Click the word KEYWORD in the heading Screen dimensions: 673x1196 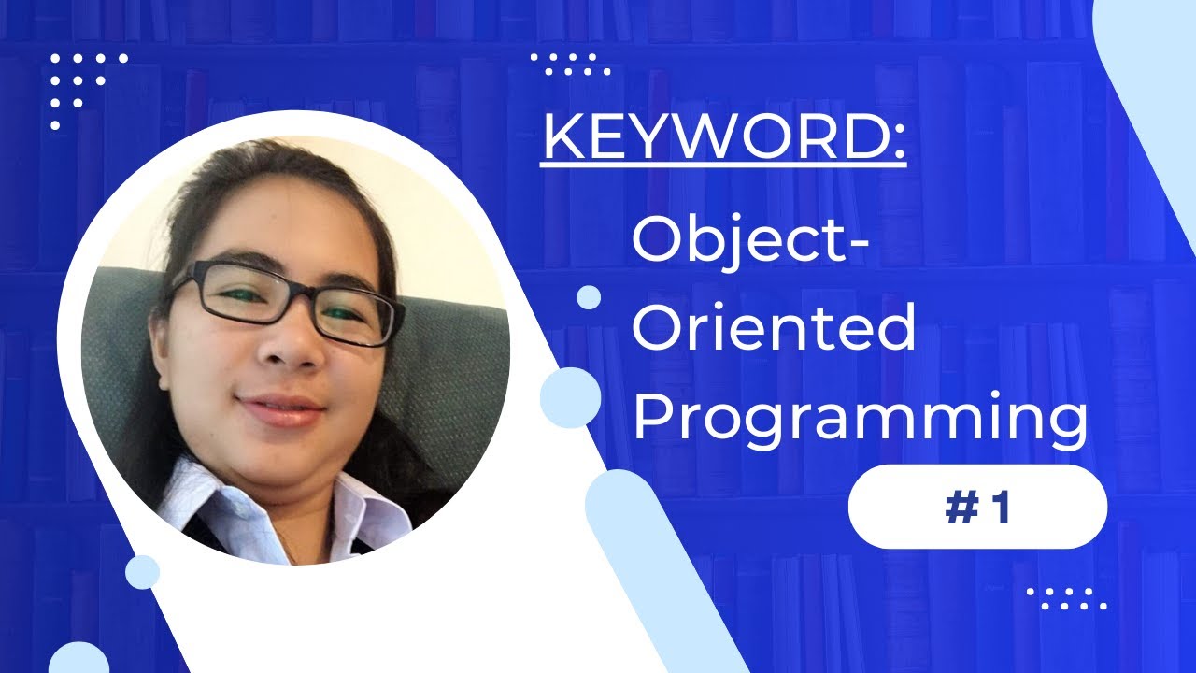pos(710,139)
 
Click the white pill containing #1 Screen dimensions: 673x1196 pos(976,507)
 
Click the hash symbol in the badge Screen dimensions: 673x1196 pos(960,508)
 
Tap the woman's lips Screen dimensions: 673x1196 pos(280,409)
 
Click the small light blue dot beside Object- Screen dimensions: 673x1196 pos(589,297)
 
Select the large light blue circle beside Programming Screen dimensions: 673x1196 pos(570,397)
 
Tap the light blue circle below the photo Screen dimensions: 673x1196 pos(142,571)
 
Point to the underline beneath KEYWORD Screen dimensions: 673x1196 pos(723,166)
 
